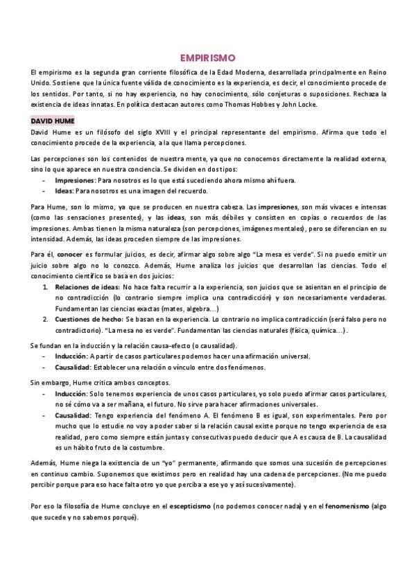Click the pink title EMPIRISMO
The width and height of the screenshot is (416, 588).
pyautogui.click(x=208, y=59)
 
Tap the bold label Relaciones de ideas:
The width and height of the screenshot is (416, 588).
pyautogui.click(x=87, y=286)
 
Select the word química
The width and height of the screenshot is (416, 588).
pyautogui.click(x=327, y=330)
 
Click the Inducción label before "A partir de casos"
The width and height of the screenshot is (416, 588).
pyautogui.click(x=71, y=356)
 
